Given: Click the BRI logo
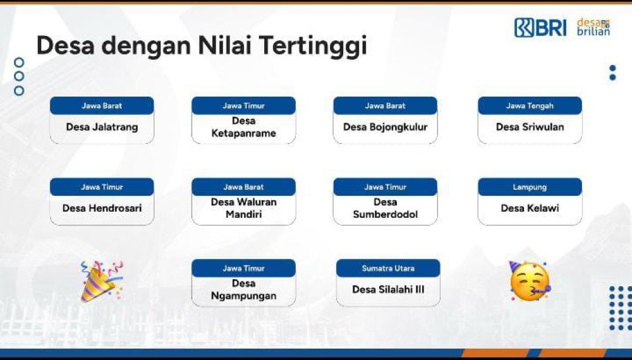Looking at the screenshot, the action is click(540, 27).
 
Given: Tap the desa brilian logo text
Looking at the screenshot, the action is click(593, 27).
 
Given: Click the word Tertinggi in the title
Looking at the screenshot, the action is click(313, 45).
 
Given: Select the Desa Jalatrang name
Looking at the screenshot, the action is click(102, 127).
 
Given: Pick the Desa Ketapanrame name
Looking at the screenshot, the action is click(243, 127).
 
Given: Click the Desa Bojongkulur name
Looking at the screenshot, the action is click(385, 127).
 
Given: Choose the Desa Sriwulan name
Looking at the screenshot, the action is click(530, 127).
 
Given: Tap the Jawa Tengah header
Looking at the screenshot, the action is click(530, 106).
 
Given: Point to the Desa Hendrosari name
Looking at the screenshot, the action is click(102, 208).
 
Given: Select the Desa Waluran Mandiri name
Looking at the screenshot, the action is click(243, 208).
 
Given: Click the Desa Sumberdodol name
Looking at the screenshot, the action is click(385, 208).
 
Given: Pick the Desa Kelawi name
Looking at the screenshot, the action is click(530, 208).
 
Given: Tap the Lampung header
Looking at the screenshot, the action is click(530, 187).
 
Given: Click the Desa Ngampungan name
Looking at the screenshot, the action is click(243, 289).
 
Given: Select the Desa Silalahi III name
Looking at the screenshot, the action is click(388, 289).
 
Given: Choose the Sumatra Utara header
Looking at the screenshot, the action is click(388, 268).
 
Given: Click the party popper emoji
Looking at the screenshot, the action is click(101, 281).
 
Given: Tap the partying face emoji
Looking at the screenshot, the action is click(530, 281).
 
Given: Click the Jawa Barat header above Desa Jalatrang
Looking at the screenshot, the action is click(102, 106).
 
